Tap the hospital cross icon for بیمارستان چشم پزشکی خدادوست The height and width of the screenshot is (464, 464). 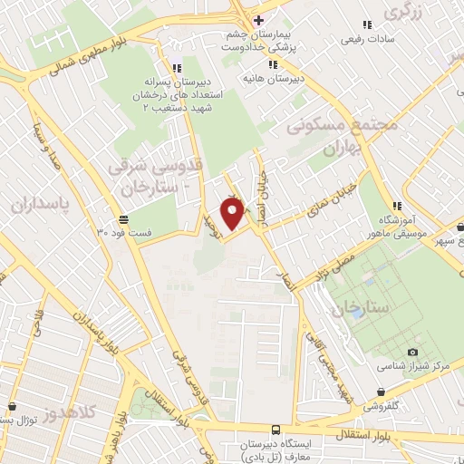258,20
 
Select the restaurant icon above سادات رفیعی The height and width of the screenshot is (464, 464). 366,24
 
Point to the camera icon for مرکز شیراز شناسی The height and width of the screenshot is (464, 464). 413,352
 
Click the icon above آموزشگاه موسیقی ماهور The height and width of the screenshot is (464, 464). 393,205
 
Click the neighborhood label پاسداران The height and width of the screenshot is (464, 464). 41,205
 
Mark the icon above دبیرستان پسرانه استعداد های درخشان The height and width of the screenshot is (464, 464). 175,66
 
